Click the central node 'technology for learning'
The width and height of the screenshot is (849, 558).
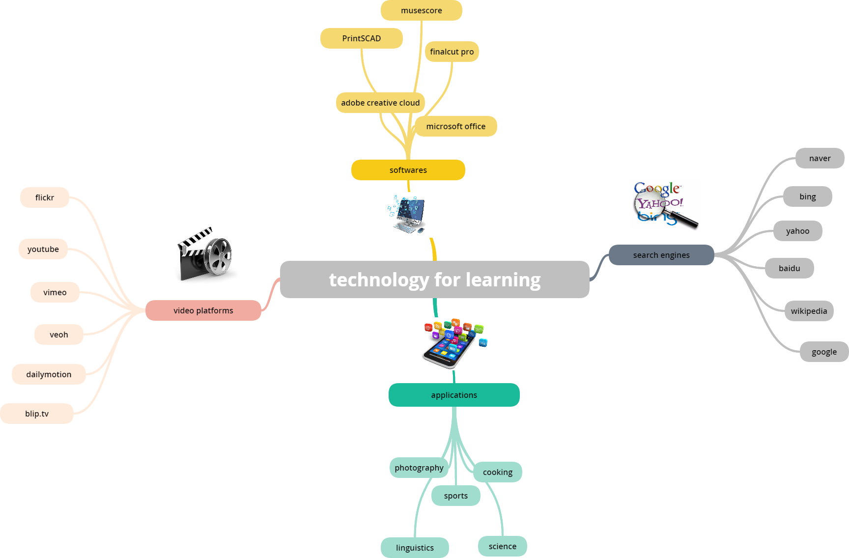click(434, 279)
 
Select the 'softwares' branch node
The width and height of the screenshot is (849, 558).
click(408, 170)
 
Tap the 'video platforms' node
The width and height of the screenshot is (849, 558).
click(203, 310)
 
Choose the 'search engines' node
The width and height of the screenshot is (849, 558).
click(661, 255)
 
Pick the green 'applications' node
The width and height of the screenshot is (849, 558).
click(453, 395)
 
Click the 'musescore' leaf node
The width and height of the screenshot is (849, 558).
click(421, 10)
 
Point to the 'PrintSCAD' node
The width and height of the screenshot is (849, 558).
click(361, 38)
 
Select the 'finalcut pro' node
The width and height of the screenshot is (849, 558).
click(452, 52)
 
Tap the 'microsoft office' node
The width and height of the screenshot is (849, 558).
click(455, 126)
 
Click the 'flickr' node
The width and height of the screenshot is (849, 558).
click(44, 197)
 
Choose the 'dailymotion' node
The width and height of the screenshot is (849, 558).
click(49, 374)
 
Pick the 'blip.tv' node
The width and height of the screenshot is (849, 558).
click(37, 414)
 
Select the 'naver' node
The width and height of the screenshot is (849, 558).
click(820, 158)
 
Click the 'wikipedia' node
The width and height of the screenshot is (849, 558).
click(809, 311)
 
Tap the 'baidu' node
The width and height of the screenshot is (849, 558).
click(789, 268)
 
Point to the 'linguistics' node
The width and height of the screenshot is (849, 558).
click(415, 548)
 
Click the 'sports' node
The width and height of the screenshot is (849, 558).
click(455, 496)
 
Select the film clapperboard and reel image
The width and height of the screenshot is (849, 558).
click(206, 254)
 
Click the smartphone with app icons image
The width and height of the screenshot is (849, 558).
click(452, 344)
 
